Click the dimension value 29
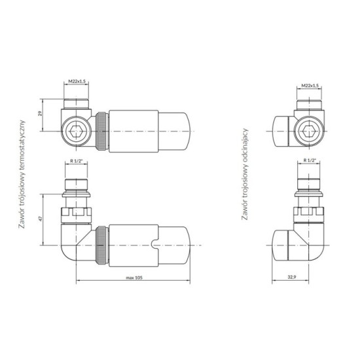click(x=40, y=113)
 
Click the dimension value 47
click(x=41, y=219)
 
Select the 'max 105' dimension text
click(x=134, y=278)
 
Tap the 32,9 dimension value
click(x=292, y=277)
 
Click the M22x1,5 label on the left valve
click(x=77, y=81)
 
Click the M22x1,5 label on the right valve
click(x=310, y=86)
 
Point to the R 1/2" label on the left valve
click(x=76, y=161)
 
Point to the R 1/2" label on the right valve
click(x=310, y=160)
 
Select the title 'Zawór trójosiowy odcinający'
click(x=245, y=174)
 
